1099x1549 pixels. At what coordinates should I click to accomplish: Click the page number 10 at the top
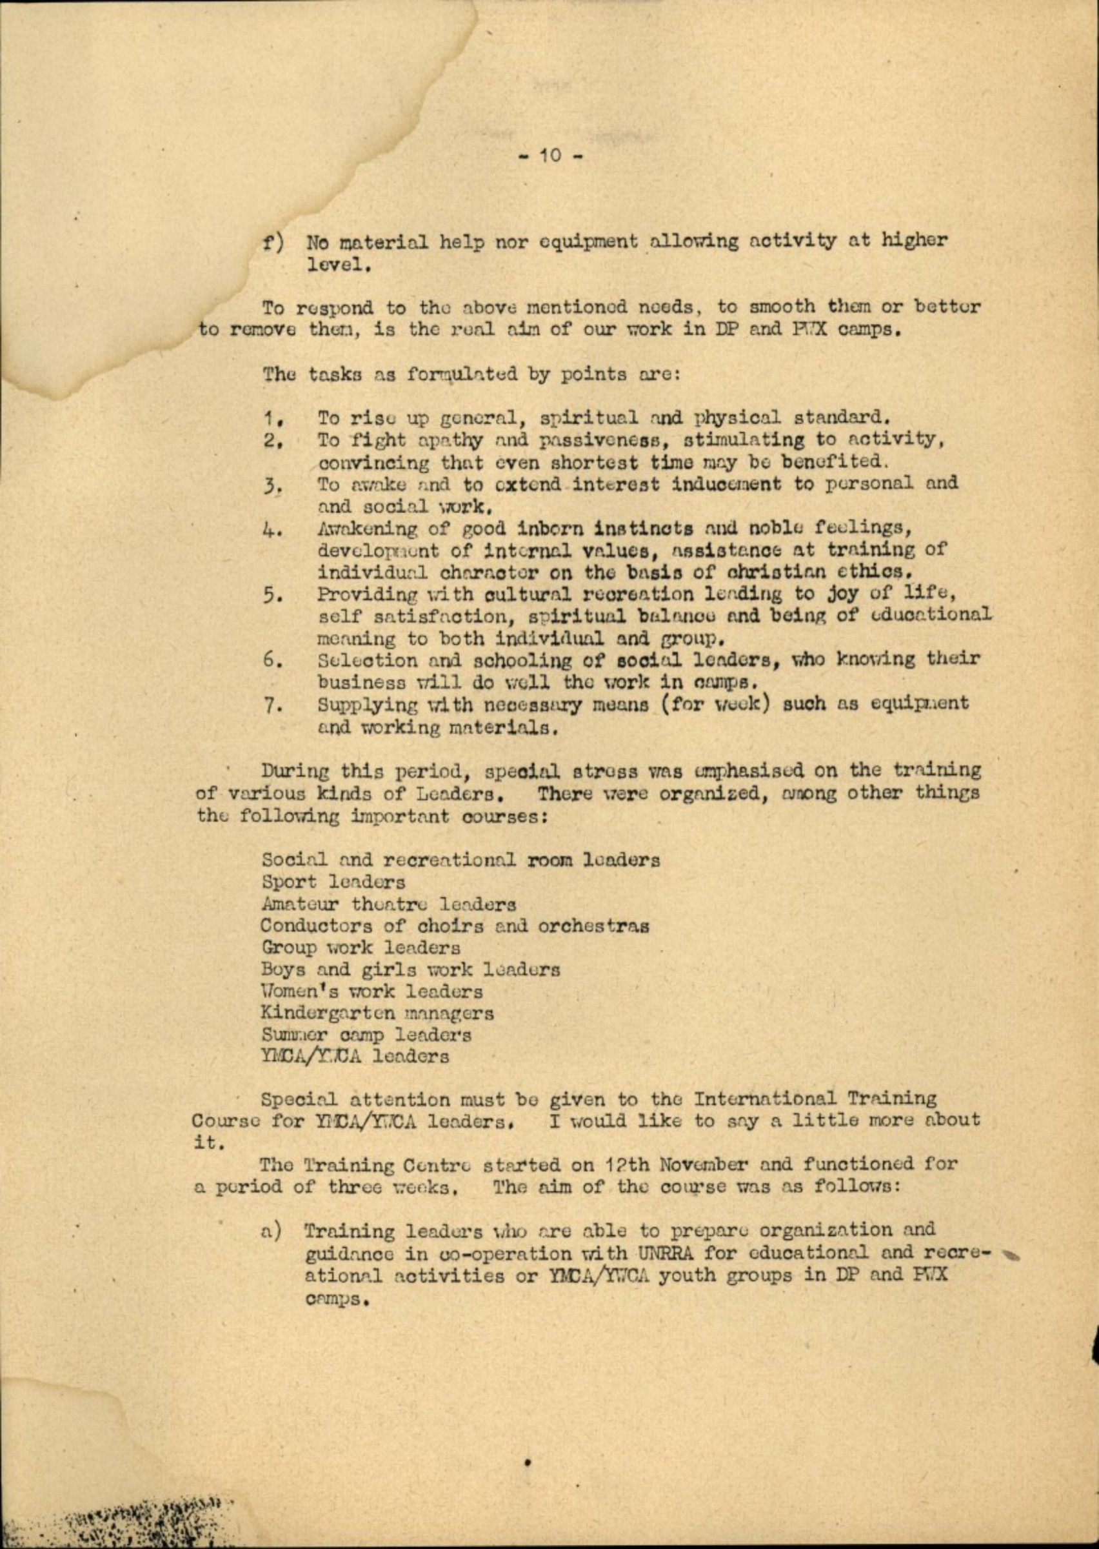coord(549,156)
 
